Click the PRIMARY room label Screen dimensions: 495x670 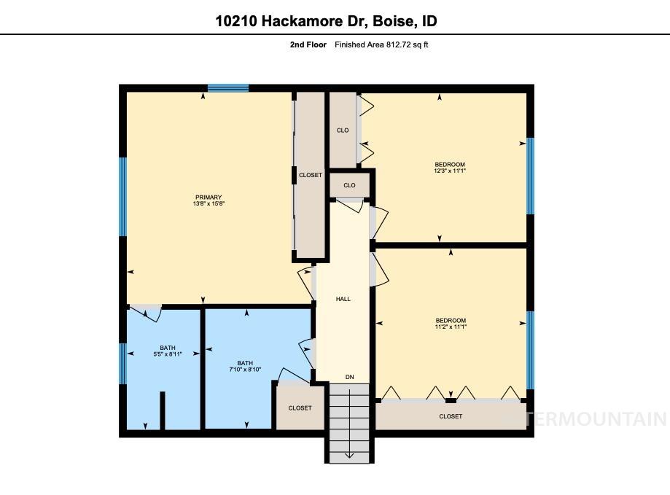209,197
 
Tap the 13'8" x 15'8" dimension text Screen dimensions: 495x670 209,204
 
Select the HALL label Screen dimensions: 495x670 343,299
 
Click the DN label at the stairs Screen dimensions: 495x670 349,377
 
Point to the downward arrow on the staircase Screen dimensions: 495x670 348,454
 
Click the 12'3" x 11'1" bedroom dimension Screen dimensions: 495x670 449,171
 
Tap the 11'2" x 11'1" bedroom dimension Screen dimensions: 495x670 450,327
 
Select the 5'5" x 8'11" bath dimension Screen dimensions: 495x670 167,354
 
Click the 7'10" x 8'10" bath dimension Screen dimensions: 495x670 245,370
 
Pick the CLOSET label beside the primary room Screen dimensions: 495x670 310,175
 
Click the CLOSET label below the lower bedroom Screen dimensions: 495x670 450,416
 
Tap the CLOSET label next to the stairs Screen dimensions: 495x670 300,408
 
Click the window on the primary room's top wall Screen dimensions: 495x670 228,88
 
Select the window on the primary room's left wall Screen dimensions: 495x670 123,196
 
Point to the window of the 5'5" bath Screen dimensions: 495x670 123,362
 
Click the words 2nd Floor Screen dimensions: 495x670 307,45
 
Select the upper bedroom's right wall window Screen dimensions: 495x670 530,176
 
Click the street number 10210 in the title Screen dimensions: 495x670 235,21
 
